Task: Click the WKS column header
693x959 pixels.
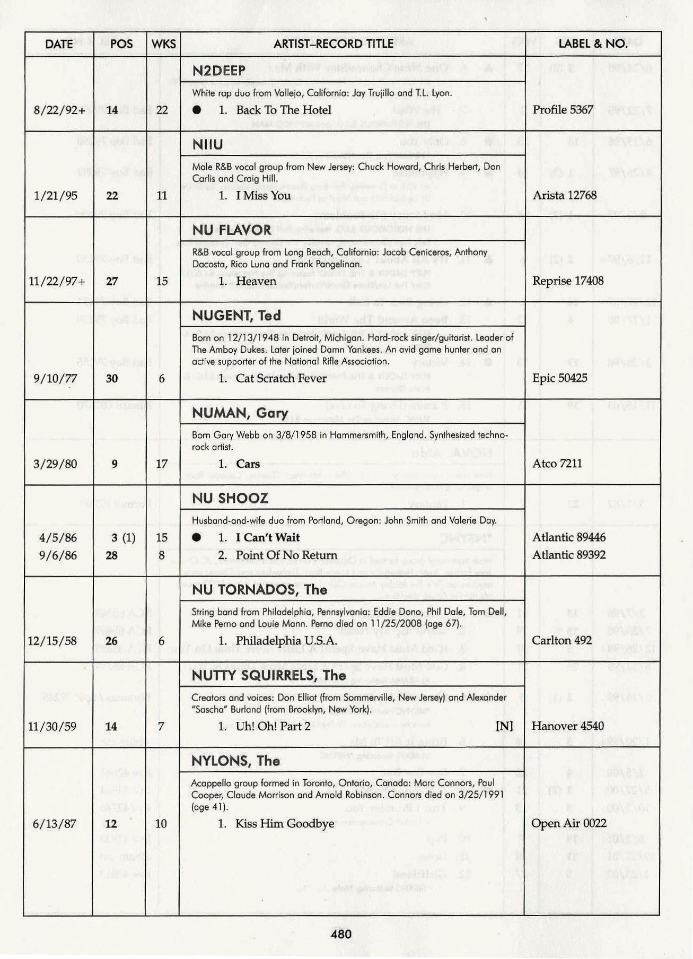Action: coord(163,44)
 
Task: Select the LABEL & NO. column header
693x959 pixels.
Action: coord(593,44)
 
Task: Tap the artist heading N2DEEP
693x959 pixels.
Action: coord(219,71)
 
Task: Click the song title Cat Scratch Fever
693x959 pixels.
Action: coord(281,378)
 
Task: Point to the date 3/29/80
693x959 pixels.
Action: coord(55,464)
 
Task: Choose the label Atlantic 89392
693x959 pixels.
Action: coord(569,555)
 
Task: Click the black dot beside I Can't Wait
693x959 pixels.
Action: coord(197,537)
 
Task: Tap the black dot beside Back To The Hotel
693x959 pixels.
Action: coord(197,110)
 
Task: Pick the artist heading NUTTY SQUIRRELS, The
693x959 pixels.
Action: coord(269,675)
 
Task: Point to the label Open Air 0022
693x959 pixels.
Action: coord(569,823)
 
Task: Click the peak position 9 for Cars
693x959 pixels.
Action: coord(115,464)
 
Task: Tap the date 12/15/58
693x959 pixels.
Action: coord(52,641)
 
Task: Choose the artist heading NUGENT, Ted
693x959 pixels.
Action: coord(236,316)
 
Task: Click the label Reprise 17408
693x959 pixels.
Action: coord(568,281)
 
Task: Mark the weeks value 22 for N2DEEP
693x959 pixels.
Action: coord(162,110)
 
